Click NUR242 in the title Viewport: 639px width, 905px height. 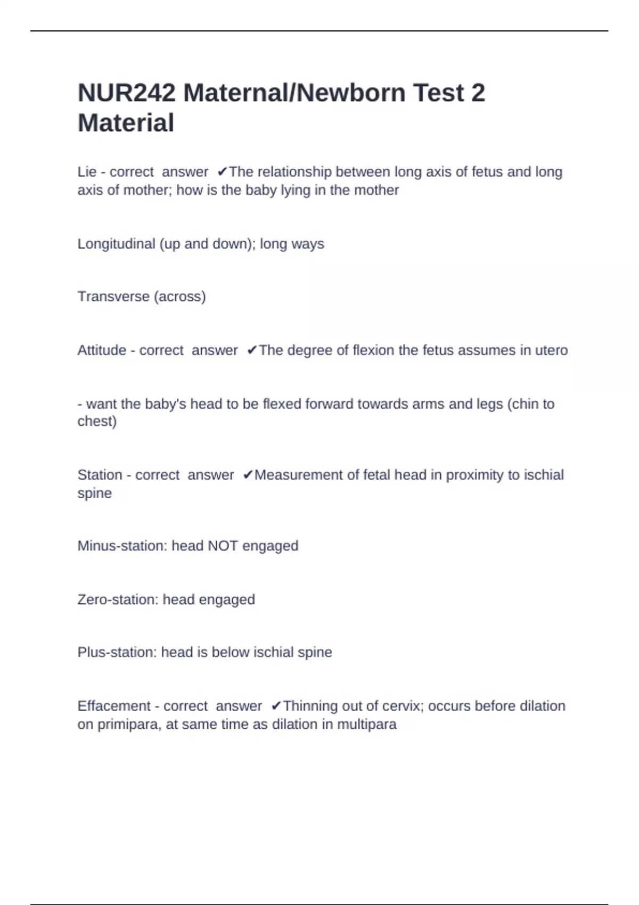(x=126, y=93)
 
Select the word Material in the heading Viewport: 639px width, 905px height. (x=126, y=123)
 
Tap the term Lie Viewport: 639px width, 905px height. (x=87, y=172)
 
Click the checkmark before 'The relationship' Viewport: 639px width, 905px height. (x=222, y=172)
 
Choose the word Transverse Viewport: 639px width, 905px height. (x=113, y=297)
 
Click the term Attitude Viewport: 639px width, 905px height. (x=102, y=350)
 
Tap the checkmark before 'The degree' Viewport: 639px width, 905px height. (x=252, y=350)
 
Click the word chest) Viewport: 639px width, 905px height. (x=97, y=422)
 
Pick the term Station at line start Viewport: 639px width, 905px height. (x=100, y=475)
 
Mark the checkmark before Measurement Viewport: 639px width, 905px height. (x=248, y=475)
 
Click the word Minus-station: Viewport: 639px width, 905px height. (x=122, y=546)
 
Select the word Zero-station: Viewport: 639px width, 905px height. (x=118, y=600)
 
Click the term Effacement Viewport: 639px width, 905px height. (x=114, y=706)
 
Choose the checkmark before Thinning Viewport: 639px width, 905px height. (x=276, y=706)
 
